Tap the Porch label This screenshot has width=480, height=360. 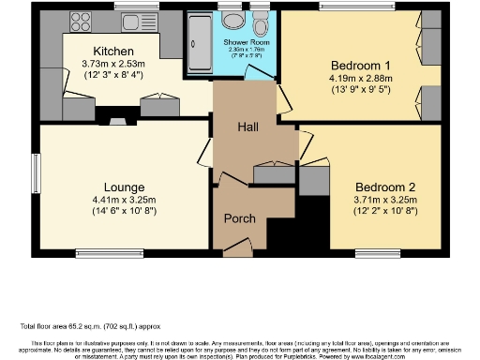(x=239, y=218)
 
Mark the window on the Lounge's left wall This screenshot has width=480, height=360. (x=37, y=174)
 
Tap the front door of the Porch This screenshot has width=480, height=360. (x=239, y=249)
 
